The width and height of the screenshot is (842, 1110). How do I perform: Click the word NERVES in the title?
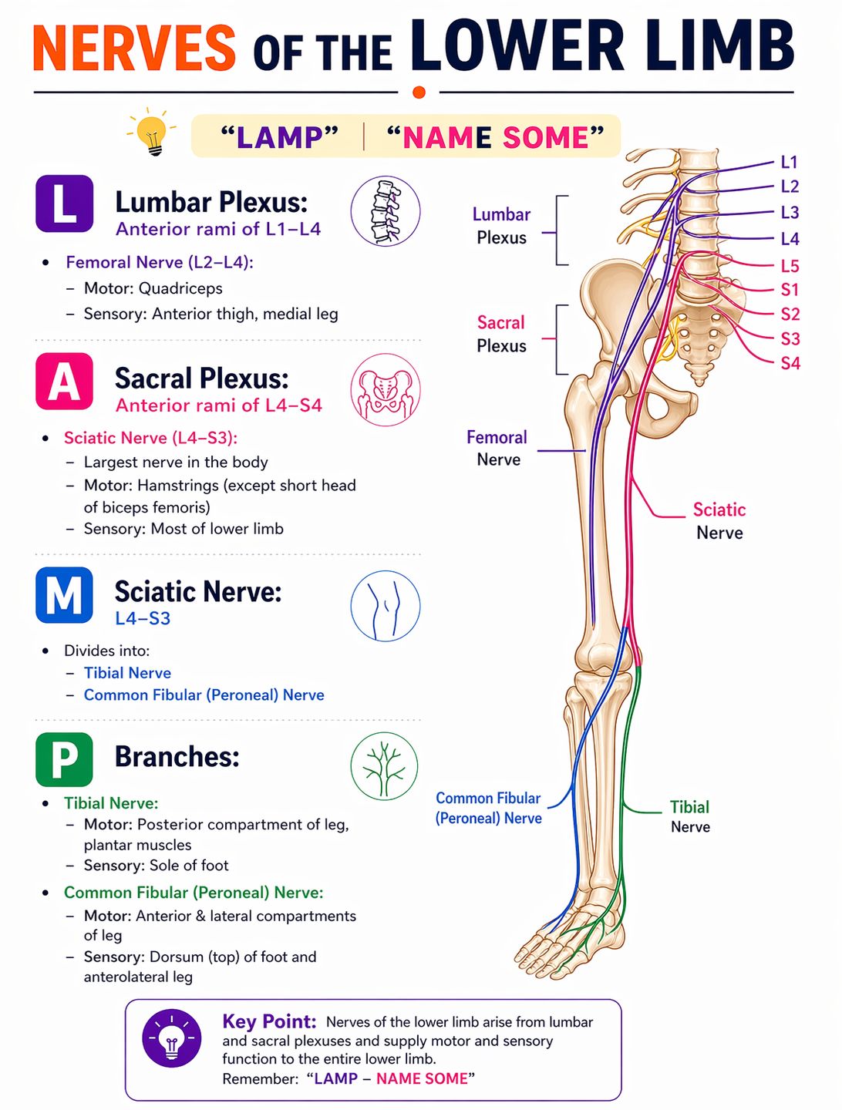[x=134, y=48]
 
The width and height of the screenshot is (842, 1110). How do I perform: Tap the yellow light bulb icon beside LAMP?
[x=152, y=133]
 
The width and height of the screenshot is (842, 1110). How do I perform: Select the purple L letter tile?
[x=64, y=203]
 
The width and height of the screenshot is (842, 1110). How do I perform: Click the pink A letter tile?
[x=64, y=382]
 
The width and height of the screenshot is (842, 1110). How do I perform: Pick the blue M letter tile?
[x=64, y=594]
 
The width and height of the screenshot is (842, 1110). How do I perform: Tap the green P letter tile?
[x=64, y=759]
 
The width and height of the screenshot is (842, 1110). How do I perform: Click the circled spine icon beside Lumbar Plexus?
[x=386, y=211]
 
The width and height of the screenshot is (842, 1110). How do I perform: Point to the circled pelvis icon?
[x=386, y=389]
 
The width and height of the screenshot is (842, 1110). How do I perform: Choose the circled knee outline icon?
[x=386, y=606]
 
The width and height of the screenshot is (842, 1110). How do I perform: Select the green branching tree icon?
[x=384, y=766]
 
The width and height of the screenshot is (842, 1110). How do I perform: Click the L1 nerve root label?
[x=789, y=163]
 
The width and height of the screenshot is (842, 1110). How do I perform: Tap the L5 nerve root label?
[x=790, y=266]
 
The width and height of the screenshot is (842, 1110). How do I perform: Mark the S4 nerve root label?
[x=790, y=363]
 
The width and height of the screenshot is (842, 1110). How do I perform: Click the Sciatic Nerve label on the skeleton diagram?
[x=719, y=521]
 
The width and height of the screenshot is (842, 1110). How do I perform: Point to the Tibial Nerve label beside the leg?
[x=690, y=816]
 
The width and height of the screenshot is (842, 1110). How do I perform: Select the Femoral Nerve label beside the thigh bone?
[x=497, y=448]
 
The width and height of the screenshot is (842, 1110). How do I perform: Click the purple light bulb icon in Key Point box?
[x=172, y=1038]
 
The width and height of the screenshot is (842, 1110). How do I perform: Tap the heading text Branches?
[x=177, y=757]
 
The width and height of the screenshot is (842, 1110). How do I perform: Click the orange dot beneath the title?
[x=419, y=92]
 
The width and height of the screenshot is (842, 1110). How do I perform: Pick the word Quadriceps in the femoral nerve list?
[x=180, y=289]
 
